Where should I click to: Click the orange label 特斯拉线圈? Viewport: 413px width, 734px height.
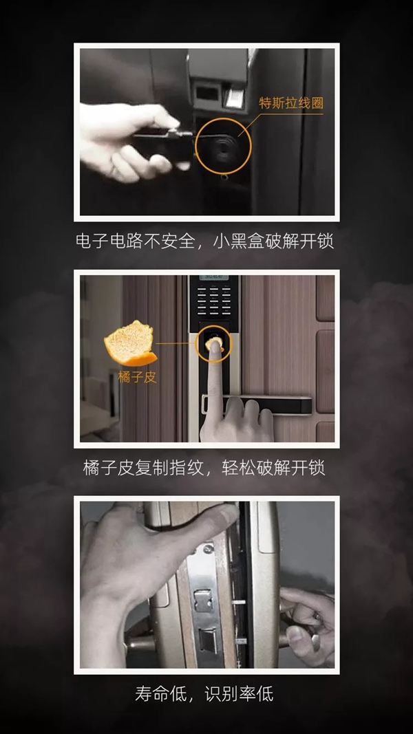point(290,104)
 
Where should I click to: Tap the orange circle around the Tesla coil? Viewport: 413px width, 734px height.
point(224,145)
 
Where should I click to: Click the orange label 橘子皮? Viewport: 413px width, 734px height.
point(138,377)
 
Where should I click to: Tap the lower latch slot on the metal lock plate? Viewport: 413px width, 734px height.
point(205,643)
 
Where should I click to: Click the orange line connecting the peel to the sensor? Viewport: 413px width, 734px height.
point(176,344)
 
